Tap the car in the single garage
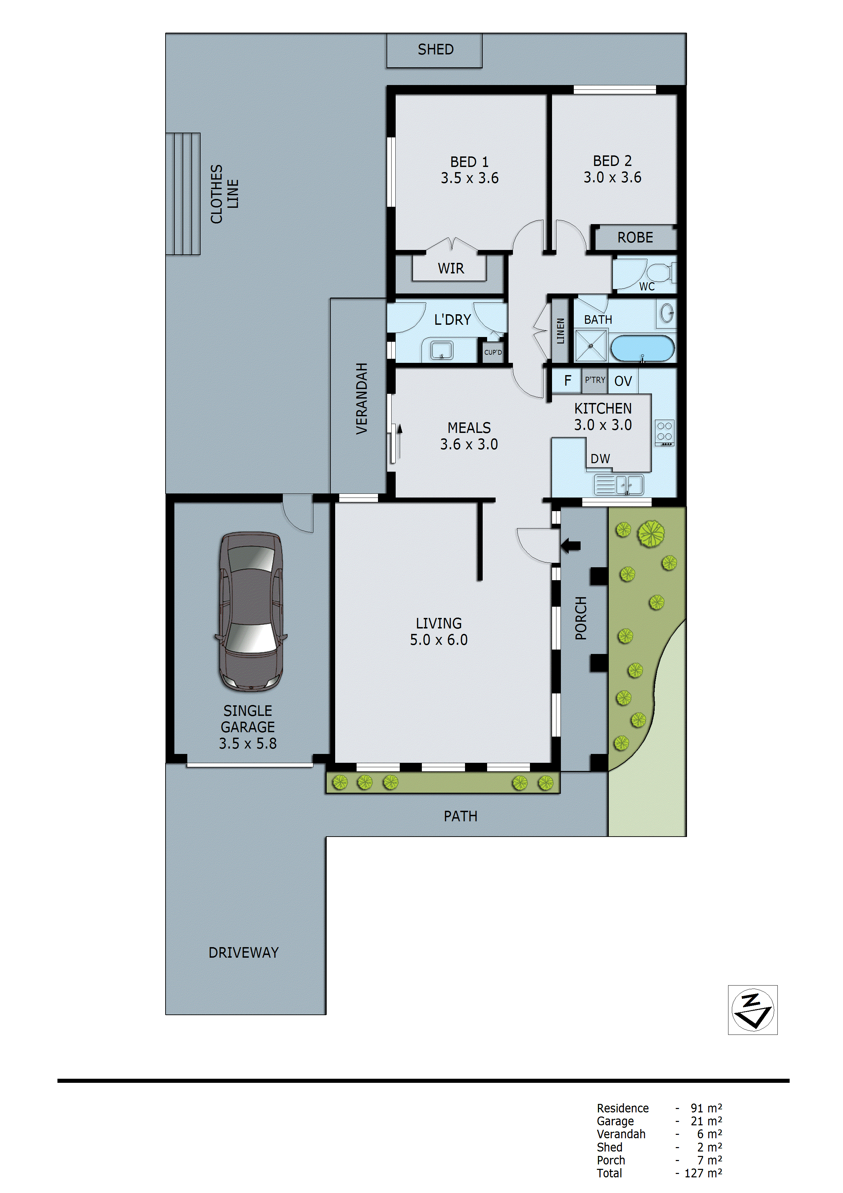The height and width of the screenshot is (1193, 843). (251, 611)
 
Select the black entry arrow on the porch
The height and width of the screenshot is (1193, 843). (570, 545)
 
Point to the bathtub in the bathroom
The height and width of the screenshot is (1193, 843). (642, 348)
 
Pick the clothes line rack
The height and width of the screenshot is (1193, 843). (183, 194)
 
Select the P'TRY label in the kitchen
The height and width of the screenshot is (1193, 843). (595, 380)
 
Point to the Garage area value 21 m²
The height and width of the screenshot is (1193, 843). (706, 1121)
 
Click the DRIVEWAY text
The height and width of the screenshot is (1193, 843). (244, 953)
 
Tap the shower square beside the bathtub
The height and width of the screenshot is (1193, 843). (590, 346)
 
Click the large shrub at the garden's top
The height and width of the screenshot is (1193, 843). (651, 534)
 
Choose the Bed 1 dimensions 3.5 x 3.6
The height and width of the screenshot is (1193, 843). (469, 178)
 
